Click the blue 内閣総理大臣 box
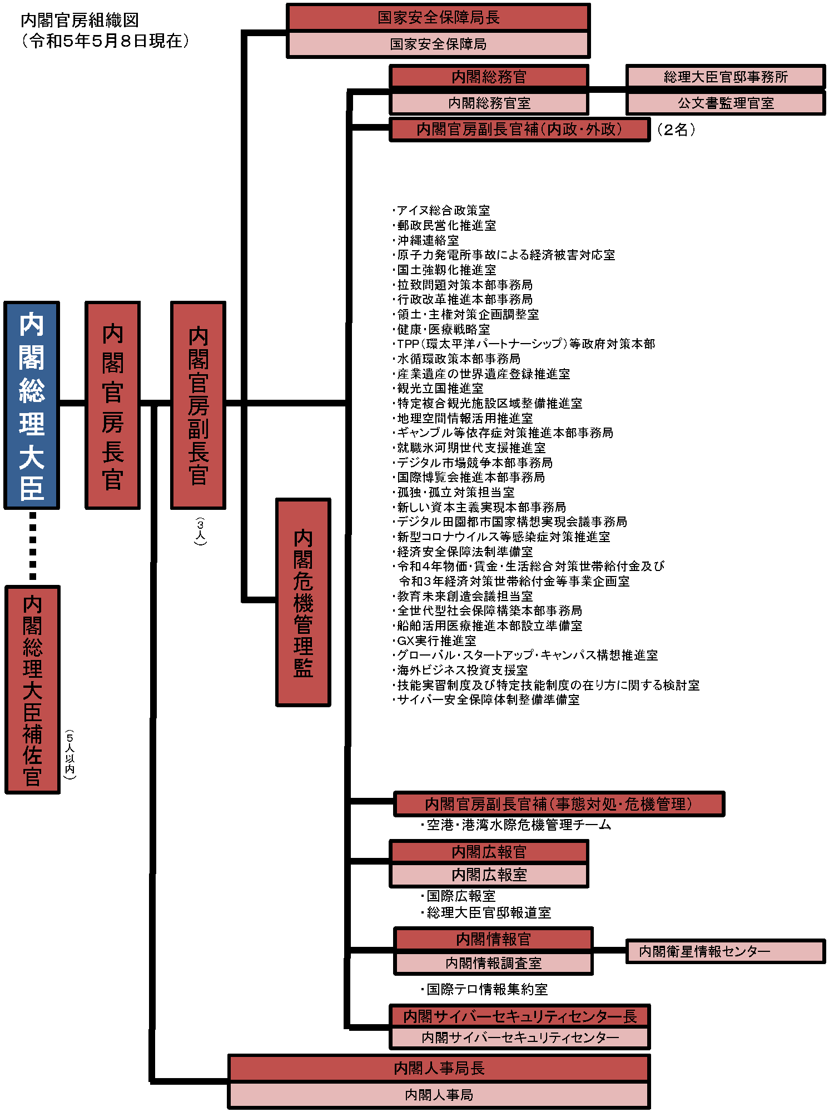click(x=32, y=405)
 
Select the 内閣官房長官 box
click(x=112, y=405)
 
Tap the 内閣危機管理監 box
click(x=303, y=602)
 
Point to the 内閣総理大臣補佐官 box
click(x=32, y=689)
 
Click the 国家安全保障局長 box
click(x=438, y=18)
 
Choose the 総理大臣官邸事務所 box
click(x=726, y=77)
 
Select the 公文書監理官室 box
click(x=726, y=103)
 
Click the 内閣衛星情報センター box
click(x=726, y=951)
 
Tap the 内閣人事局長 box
click(x=439, y=1068)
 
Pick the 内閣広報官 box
click(x=489, y=851)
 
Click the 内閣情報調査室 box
click(x=493, y=963)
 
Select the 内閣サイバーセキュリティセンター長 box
click(x=520, y=1016)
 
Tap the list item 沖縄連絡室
click(x=426, y=240)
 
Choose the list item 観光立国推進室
click(x=438, y=388)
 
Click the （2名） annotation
click(x=676, y=130)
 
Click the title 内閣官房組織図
click(x=80, y=20)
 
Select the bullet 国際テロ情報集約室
click(x=485, y=989)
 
